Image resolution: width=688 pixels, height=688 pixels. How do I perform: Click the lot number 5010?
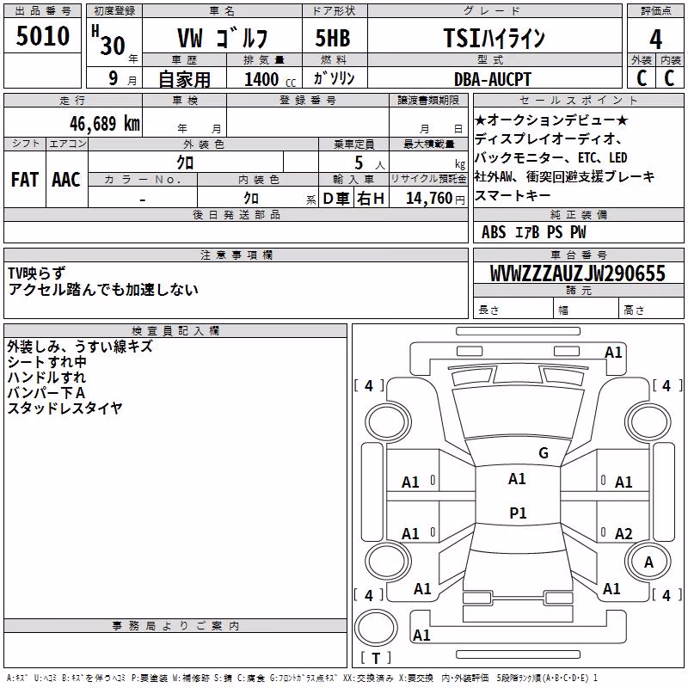42,36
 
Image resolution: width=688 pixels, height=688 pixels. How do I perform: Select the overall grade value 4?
655,40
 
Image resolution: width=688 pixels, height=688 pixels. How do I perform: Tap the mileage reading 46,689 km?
105,124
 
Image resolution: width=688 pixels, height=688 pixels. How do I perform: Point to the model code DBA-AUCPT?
493,79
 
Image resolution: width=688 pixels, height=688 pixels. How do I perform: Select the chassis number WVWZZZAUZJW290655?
578,273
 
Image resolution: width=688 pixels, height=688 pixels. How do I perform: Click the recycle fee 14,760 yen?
435,199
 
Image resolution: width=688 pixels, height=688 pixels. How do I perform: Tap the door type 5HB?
333,38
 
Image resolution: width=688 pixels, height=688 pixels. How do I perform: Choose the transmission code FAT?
25,180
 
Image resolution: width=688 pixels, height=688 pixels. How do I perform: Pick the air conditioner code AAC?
66,180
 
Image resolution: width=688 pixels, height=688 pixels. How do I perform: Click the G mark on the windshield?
544,453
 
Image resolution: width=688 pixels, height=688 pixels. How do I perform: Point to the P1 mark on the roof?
518,513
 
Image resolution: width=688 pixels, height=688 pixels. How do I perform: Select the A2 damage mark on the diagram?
623,533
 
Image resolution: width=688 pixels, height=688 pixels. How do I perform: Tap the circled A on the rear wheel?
648,562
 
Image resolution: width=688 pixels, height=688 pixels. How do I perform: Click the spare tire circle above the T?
376,629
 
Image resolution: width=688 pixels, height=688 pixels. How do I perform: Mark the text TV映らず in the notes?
36,273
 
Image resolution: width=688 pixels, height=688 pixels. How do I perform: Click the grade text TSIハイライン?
494,38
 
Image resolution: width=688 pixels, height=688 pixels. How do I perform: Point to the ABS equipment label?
494,232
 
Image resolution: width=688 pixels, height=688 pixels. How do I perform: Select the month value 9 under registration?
114,78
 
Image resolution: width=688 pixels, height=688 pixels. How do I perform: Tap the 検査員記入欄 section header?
175,331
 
